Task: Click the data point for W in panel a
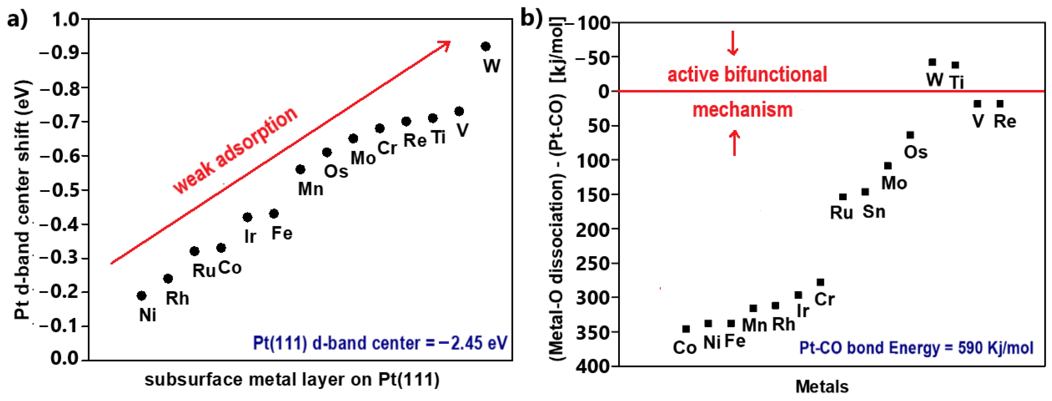[x=485, y=46]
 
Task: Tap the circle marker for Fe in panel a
[x=274, y=213]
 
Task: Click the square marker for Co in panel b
[x=686, y=329]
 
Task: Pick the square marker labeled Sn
[x=865, y=192]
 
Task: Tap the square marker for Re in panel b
[x=1000, y=104]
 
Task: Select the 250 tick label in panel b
[x=592, y=263]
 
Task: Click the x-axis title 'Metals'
[x=822, y=387]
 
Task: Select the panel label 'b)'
[x=532, y=18]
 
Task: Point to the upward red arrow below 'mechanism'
[x=734, y=142]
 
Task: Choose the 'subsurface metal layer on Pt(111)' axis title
[x=292, y=380]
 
